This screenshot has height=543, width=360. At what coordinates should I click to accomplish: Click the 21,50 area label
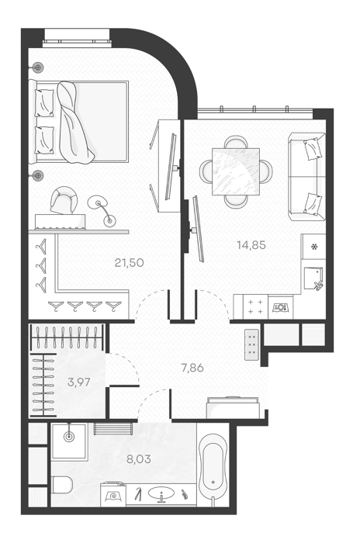(130, 263)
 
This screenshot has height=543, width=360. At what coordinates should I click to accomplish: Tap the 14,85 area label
(251, 245)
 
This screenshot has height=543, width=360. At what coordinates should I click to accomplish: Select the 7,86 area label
(192, 368)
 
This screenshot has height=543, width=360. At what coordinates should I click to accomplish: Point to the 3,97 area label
(79, 382)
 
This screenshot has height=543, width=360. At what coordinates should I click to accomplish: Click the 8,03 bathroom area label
(139, 459)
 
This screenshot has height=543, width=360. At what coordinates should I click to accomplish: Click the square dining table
(236, 171)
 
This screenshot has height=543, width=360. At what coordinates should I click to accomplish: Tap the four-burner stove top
(256, 306)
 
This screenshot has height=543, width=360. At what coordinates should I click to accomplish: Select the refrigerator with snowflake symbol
(313, 247)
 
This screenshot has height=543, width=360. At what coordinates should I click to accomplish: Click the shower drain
(69, 437)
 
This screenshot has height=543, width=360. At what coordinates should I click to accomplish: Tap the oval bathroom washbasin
(162, 493)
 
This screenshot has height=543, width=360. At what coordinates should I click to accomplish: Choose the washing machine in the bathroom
(113, 494)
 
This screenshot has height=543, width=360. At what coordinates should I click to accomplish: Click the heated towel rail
(113, 429)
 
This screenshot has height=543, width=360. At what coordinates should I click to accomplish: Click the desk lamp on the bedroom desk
(102, 209)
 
